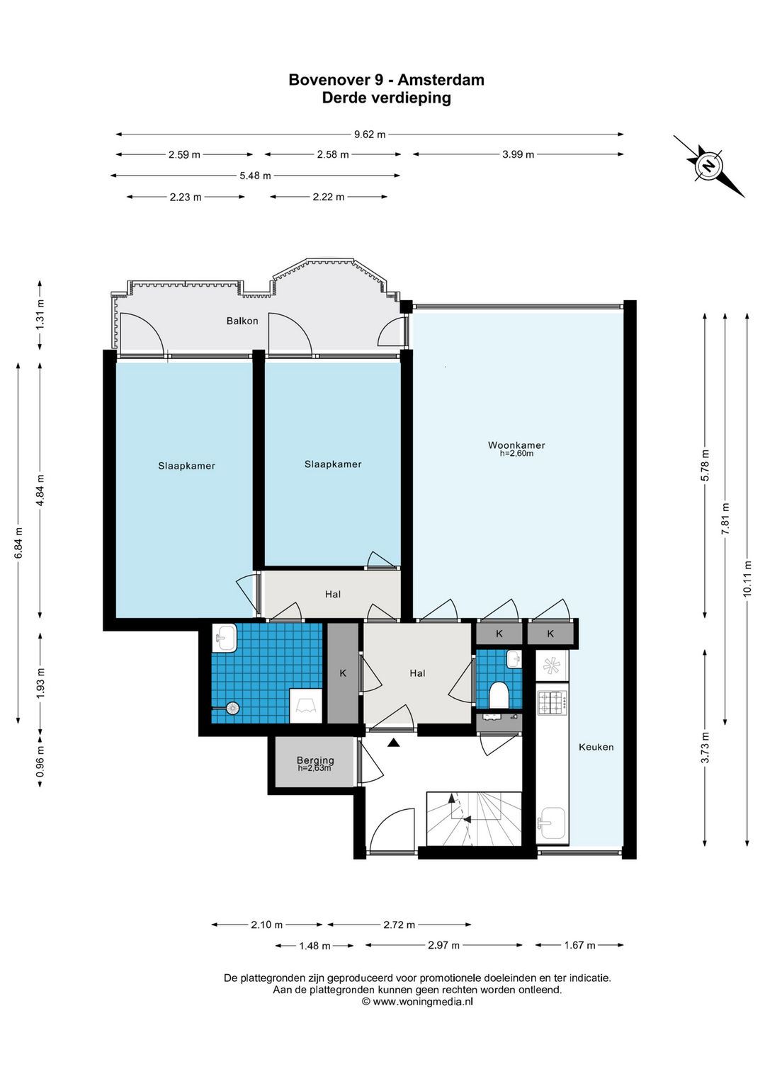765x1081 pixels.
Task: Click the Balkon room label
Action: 242,321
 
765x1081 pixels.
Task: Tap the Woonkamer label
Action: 516,445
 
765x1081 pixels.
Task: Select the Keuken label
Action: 596,747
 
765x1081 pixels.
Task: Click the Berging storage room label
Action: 315,760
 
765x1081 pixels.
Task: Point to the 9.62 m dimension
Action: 370,135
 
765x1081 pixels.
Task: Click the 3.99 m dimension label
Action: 518,154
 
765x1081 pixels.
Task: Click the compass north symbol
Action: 708,166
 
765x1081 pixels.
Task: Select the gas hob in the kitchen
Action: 552,703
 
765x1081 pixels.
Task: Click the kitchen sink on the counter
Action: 552,823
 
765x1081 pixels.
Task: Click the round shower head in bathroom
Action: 232,708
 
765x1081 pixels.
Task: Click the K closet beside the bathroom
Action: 343,673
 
